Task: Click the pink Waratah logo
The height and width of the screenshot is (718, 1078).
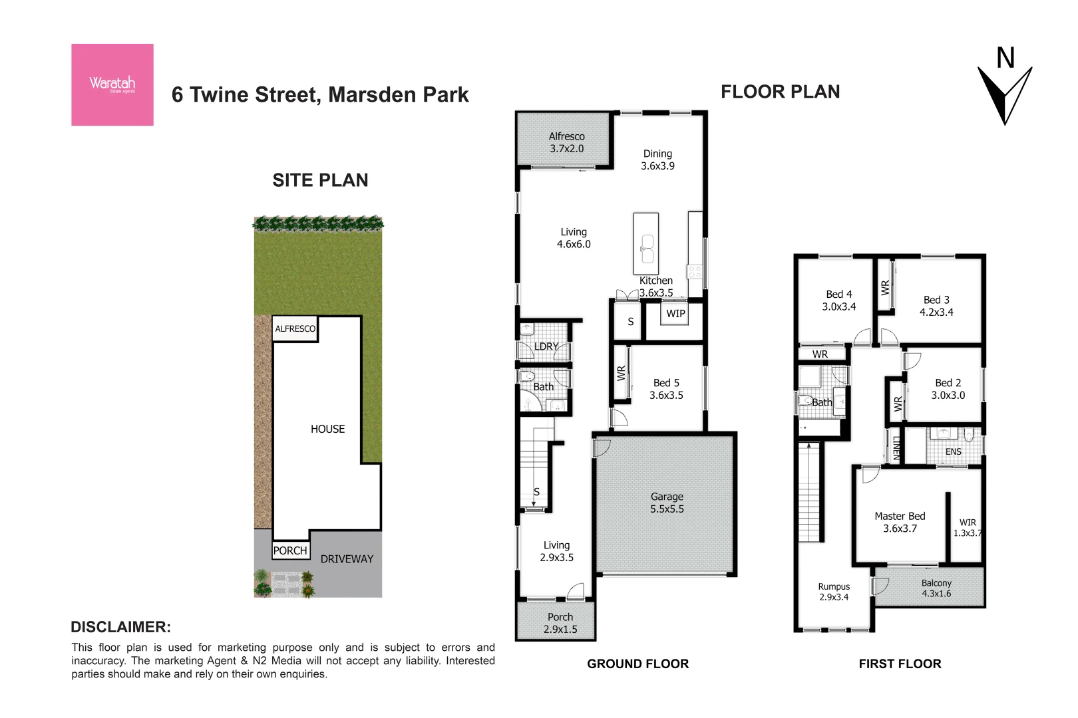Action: (x=112, y=84)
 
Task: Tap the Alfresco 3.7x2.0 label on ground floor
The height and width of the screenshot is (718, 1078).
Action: (x=566, y=142)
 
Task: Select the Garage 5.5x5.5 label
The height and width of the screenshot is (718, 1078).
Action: (x=667, y=503)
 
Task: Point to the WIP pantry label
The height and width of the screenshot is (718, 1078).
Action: (x=675, y=314)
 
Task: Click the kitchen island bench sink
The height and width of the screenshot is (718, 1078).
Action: (x=647, y=249)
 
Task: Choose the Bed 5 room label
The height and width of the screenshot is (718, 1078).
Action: (x=666, y=389)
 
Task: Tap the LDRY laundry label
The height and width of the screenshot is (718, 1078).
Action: (x=546, y=346)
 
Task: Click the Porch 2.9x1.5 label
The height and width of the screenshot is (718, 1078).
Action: (x=560, y=623)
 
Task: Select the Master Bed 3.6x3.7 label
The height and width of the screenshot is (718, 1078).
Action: (x=900, y=522)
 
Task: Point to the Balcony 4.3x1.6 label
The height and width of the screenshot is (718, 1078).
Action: (x=936, y=588)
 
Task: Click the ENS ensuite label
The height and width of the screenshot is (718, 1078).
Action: (x=953, y=451)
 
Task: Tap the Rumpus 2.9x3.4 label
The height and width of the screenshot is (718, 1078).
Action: (x=834, y=592)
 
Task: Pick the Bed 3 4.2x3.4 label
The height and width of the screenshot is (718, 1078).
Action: (x=936, y=306)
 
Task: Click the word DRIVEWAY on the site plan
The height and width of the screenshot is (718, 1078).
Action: (x=347, y=559)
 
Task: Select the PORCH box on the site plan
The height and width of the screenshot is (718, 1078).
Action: (x=291, y=550)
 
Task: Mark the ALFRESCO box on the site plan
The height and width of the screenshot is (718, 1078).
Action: (x=295, y=328)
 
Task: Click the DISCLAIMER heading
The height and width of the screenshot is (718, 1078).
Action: (x=120, y=627)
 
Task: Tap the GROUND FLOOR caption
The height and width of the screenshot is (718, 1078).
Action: (x=637, y=663)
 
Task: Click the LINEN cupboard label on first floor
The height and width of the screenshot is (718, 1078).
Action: (x=896, y=448)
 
